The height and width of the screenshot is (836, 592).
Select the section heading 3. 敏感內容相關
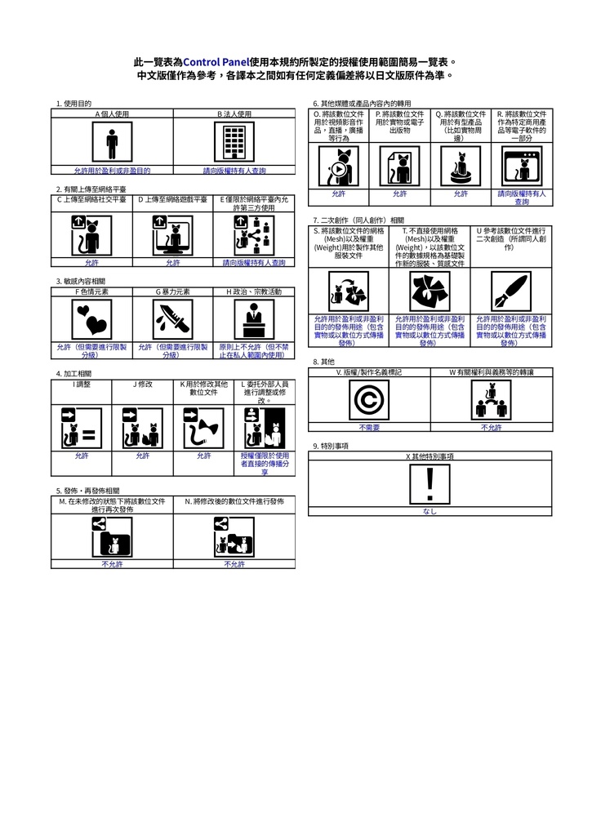[x=81, y=281]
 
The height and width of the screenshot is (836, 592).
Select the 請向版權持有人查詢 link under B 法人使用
[x=234, y=171]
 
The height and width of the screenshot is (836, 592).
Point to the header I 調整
[x=82, y=383]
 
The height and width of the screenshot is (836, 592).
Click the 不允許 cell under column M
[x=112, y=564]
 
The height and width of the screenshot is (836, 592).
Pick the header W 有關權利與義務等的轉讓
[x=491, y=371]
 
